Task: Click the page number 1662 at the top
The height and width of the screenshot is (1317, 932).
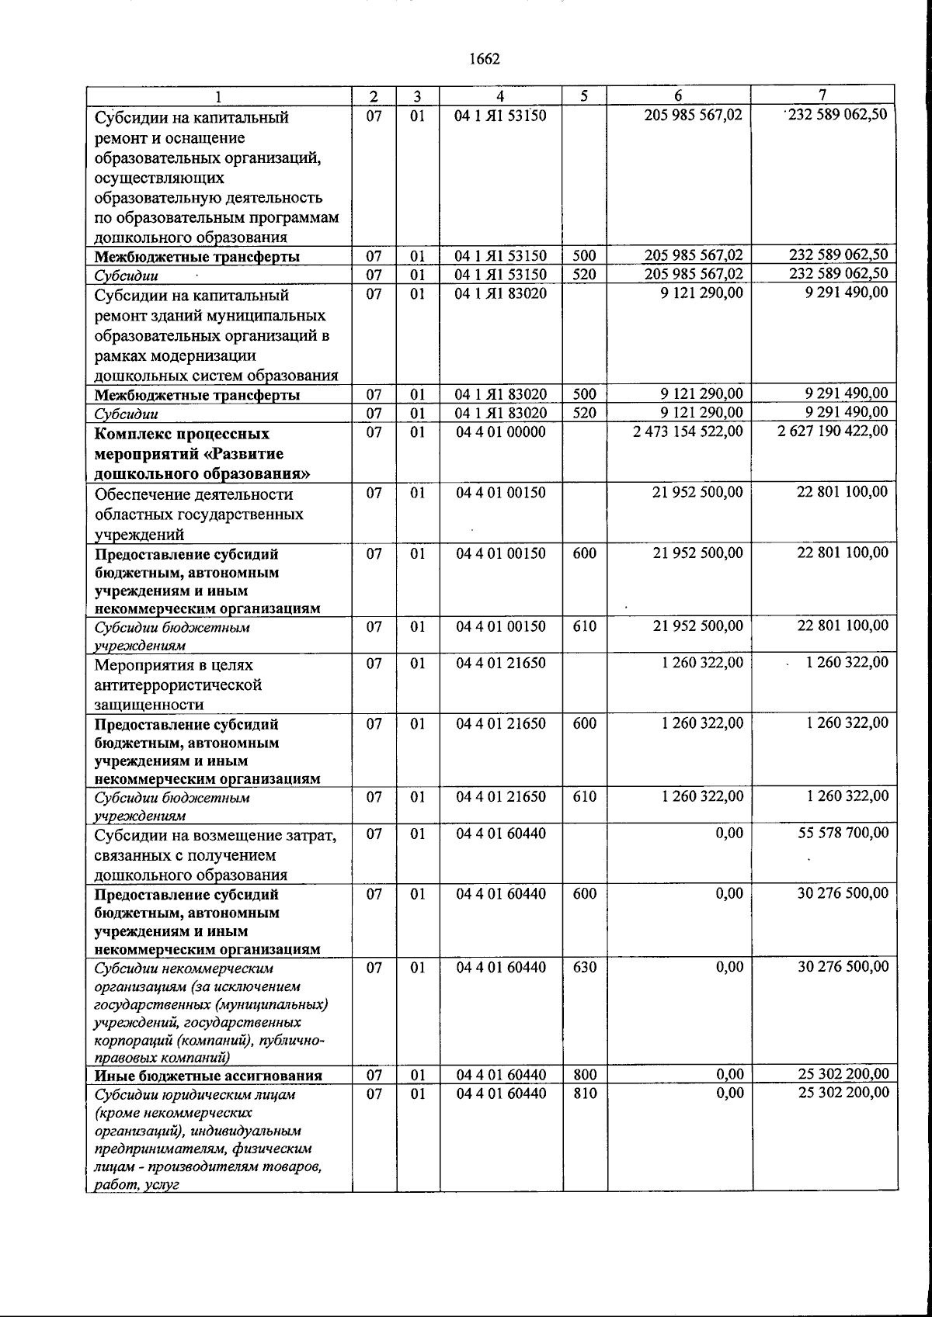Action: click(484, 60)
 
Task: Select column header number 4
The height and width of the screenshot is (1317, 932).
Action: click(501, 96)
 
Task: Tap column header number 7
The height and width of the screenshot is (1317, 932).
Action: click(822, 95)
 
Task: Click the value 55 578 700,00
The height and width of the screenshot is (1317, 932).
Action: click(843, 834)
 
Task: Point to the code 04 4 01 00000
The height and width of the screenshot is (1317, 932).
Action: click(501, 431)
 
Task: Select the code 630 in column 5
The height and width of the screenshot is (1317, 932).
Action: click(585, 967)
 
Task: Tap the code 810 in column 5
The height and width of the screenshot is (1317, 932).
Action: click(585, 1093)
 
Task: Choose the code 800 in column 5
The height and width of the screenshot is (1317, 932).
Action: click(585, 1075)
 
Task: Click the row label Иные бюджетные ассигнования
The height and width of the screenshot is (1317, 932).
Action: click(208, 1076)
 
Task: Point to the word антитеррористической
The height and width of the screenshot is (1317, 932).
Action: click(177, 685)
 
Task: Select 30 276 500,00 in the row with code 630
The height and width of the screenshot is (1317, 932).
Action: click(843, 967)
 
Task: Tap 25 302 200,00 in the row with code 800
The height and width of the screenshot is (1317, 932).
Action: click(843, 1075)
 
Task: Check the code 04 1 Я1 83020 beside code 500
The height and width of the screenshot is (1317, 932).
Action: click(501, 395)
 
